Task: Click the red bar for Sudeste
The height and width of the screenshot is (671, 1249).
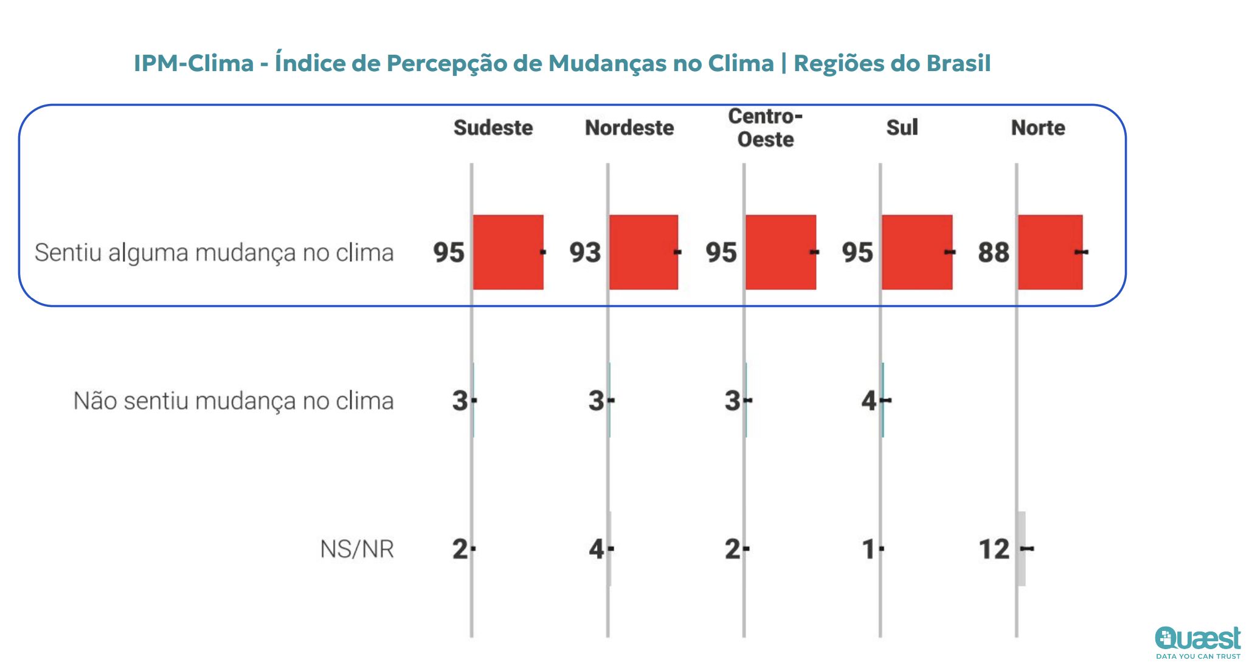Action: tap(508, 252)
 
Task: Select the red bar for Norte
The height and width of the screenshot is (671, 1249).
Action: tap(1050, 252)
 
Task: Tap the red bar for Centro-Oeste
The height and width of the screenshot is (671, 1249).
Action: tap(780, 252)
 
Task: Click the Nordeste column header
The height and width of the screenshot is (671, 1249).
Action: tap(629, 128)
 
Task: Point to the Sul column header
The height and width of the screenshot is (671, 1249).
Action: tap(902, 128)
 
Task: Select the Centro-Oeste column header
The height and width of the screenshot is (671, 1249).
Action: tap(766, 128)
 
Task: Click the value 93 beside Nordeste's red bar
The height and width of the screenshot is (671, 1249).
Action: tap(585, 252)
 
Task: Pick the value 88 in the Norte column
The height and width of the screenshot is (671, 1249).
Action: tap(994, 252)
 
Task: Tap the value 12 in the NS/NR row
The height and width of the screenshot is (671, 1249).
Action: tap(994, 549)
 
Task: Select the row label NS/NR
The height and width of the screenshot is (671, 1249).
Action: tap(357, 549)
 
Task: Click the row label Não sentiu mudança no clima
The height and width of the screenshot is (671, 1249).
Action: tap(234, 401)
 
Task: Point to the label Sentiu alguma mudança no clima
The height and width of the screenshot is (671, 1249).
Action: tap(214, 252)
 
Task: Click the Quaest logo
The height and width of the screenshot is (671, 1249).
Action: tap(1197, 638)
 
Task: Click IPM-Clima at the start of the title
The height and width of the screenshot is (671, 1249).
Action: tap(193, 63)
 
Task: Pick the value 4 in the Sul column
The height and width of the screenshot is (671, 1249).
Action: tap(868, 401)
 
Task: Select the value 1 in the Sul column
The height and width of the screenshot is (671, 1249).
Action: tap(868, 549)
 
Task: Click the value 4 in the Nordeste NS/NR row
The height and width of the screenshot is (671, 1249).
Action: tap(596, 549)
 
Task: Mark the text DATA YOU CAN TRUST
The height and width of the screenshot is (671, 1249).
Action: tap(1198, 656)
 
